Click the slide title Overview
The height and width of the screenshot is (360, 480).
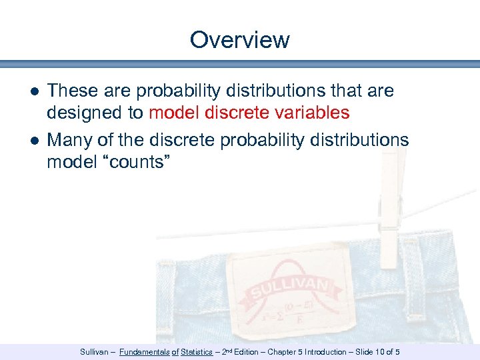(x=239, y=40)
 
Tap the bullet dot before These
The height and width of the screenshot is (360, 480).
(x=33, y=91)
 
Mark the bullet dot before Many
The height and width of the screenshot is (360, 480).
(x=33, y=141)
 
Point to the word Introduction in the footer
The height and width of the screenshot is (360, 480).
(x=326, y=352)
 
